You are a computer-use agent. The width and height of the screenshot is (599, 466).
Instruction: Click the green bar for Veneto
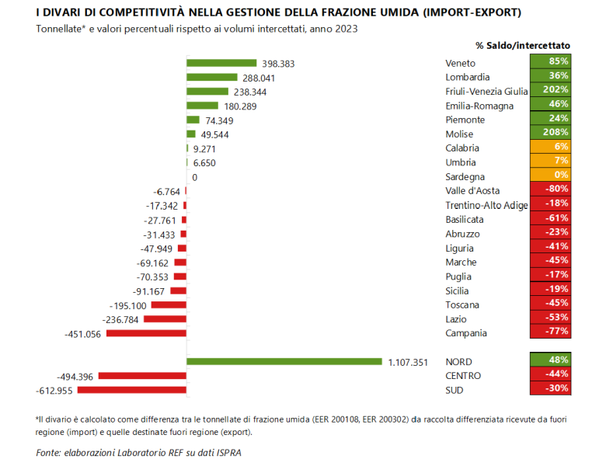point(222,63)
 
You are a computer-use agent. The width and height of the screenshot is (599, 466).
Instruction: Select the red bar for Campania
point(147,333)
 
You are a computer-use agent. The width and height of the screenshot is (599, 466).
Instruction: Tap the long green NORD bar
point(284,361)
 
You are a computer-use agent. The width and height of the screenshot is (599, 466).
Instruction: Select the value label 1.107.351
point(408,362)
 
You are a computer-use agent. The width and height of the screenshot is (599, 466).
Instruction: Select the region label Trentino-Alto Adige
point(486,205)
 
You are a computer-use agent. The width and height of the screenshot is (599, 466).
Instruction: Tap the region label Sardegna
point(465,176)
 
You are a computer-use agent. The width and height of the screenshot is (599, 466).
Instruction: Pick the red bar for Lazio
point(165,319)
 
